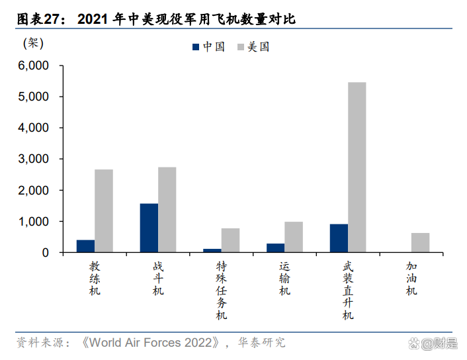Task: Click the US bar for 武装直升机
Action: point(357,167)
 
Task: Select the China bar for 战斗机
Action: point(149,228)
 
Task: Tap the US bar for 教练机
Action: point(103,210)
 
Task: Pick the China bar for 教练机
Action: point(85,246)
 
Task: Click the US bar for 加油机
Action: point(420,242)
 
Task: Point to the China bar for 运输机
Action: point(275,247)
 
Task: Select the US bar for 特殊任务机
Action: point(230,240)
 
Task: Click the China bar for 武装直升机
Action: point(339,238)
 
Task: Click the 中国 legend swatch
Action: point(196,47)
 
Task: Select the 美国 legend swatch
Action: point(240,47)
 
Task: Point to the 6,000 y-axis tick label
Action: point(34,66)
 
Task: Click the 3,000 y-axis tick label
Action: point(34,159)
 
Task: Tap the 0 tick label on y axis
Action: point(45,253)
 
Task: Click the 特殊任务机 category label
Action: point(222,290)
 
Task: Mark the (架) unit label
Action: point(33,44)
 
